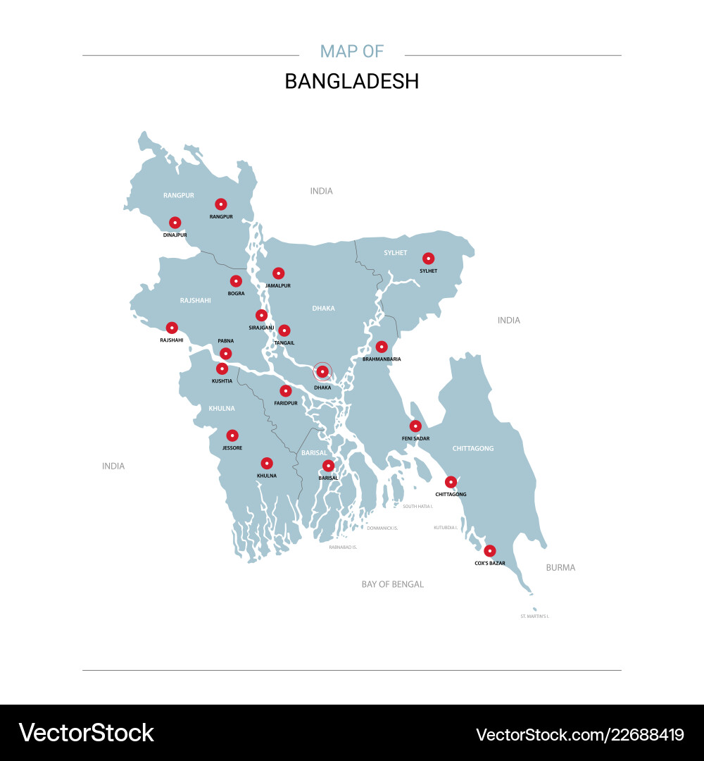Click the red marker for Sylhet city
point(428,259)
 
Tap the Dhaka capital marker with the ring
point(322,371)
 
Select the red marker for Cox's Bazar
point(490,551)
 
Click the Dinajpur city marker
point(175,223)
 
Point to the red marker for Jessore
point(232,435)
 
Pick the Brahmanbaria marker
point(382,347)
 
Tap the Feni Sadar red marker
point(415,426)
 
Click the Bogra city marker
point(236,281)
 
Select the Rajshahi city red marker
point(172,328)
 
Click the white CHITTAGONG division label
point(473,448)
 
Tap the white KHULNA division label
point(222,408)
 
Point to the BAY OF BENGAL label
point(393,584)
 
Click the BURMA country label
point(560,567)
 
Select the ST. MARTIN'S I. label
point(534,617)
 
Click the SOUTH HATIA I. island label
point(417,506)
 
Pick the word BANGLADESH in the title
point(351,81)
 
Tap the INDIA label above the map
point(322,191)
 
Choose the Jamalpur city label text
point(278,285)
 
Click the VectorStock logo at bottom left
point(86,733)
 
